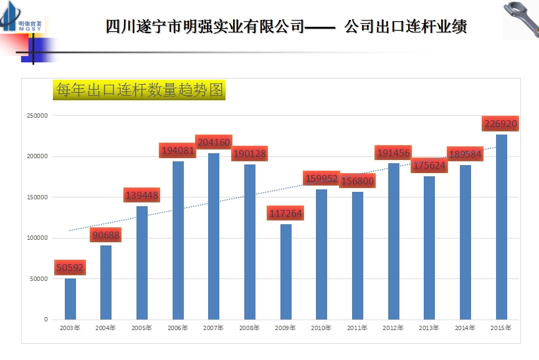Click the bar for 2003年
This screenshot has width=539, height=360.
tap(70, 299)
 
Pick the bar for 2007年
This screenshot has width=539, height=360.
tap(214, 236)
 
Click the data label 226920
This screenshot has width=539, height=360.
tap(501, 123)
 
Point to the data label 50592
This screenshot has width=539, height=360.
tap(69, 268)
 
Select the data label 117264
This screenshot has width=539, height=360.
tap(285, 214)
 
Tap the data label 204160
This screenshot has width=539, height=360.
tap(214, 142)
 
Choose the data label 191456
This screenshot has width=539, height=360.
tap(393, 153)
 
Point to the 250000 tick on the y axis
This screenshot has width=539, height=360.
tap(37, 116)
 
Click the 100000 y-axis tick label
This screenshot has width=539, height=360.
tap(37, 238)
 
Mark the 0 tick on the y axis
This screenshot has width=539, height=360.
tap(45, 320)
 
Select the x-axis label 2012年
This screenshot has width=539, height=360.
tap(393, 328)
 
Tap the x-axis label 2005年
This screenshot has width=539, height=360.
tap(141, 328)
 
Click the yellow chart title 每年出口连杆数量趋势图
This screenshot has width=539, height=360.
tap(138, 90)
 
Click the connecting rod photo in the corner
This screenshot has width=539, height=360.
tap(520, 19)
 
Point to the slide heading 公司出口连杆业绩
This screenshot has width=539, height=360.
tap(406, 27)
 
